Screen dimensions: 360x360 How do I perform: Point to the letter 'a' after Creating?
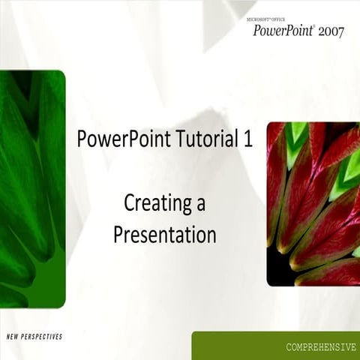click(200, 204)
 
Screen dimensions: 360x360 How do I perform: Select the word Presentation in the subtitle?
click(164, 235)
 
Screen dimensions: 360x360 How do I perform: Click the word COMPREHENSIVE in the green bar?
click(321, 347)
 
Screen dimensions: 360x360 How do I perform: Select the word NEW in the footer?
click(13, 337)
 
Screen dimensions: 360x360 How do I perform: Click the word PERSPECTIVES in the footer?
click(43, 337)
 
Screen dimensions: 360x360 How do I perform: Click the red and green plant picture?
click(313, 203)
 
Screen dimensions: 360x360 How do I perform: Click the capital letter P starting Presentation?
click(118, 235)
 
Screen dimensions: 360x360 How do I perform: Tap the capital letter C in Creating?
click(129, 202)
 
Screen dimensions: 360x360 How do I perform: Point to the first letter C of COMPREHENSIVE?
click(289, 347)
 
